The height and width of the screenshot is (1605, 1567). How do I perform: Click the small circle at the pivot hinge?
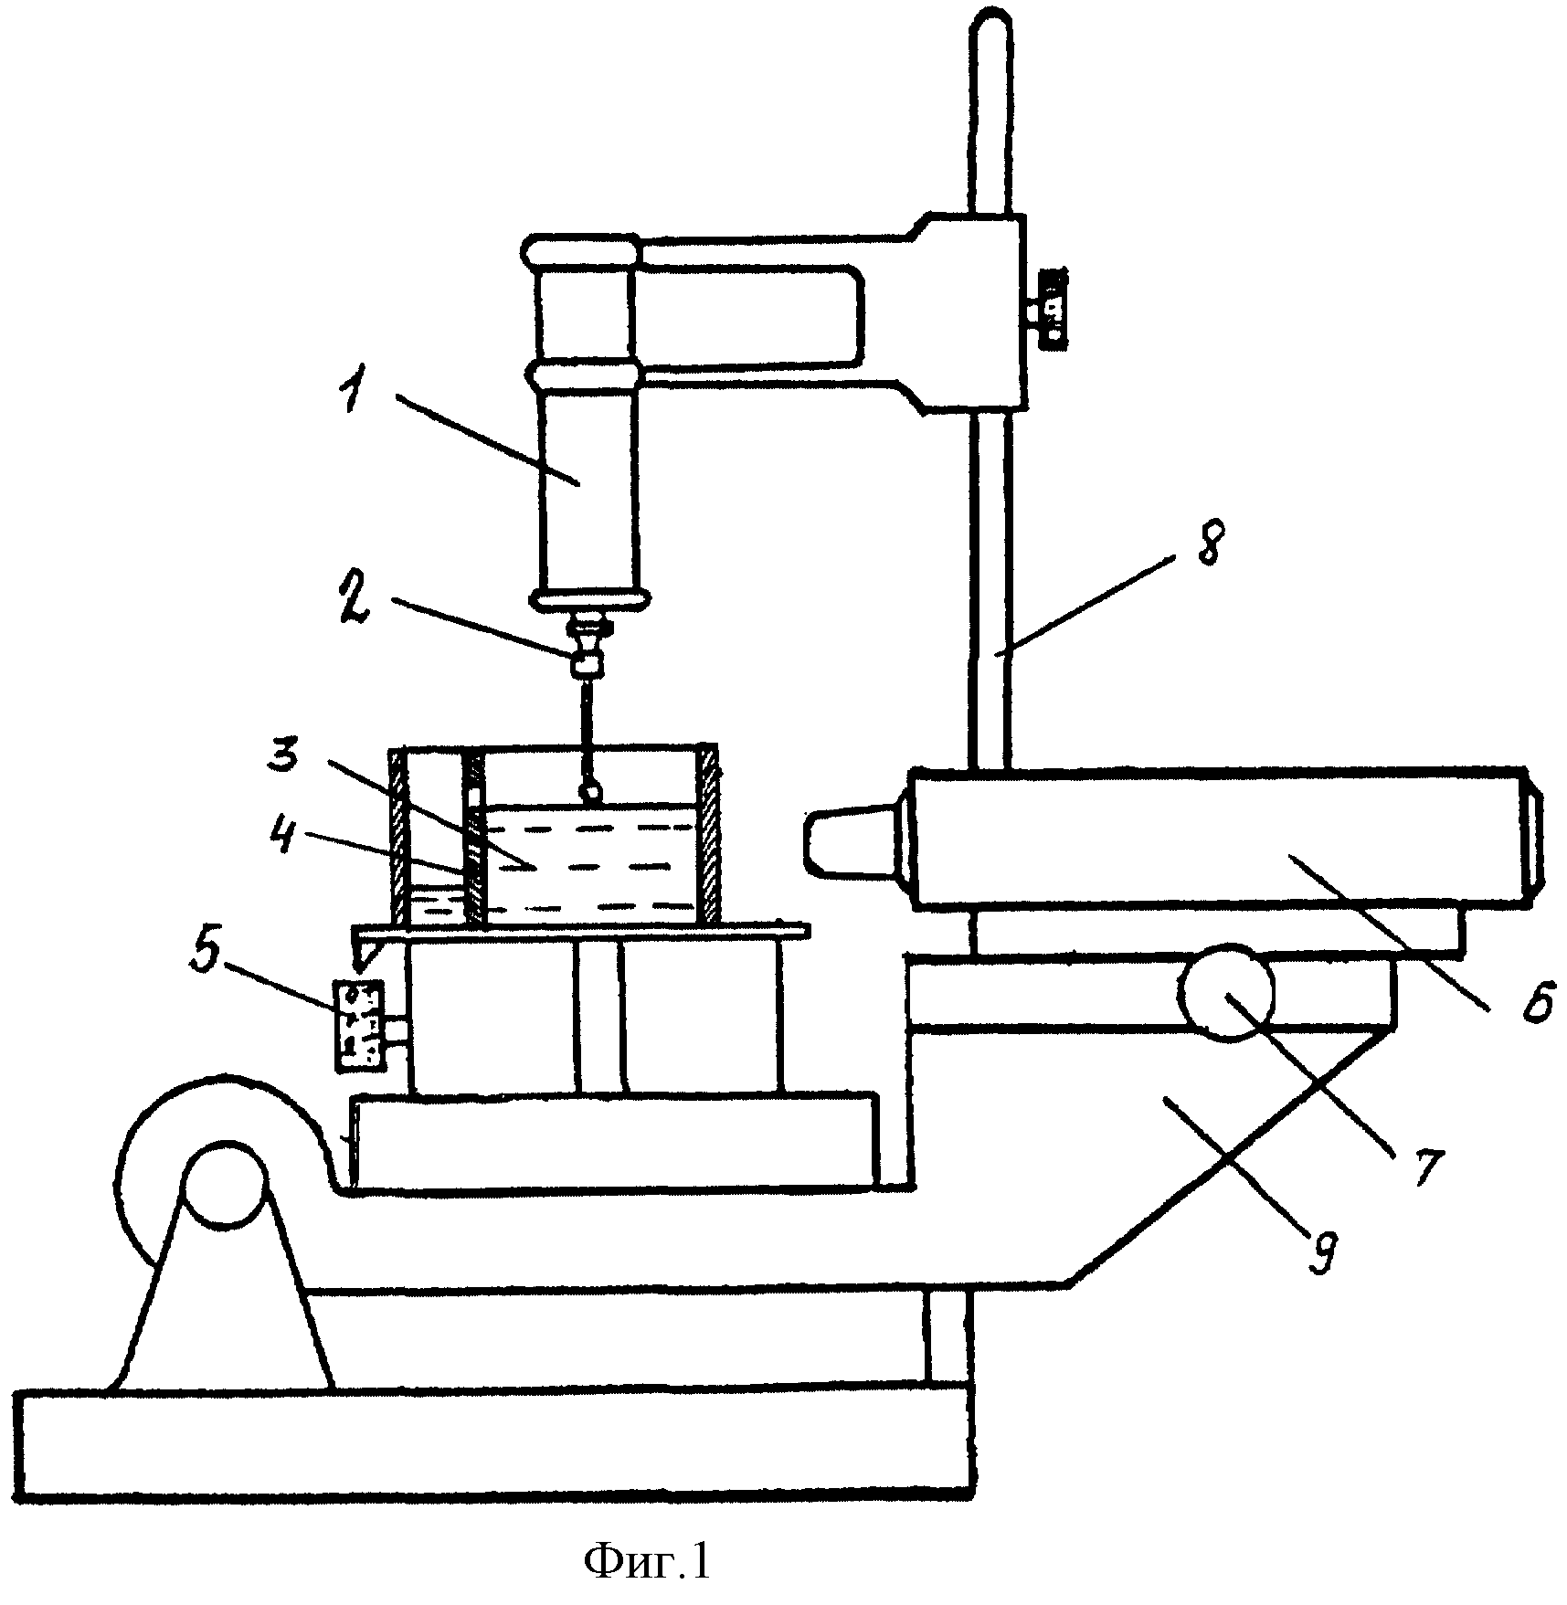(224, 1183)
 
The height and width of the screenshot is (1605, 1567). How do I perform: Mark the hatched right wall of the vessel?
(709, 834)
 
